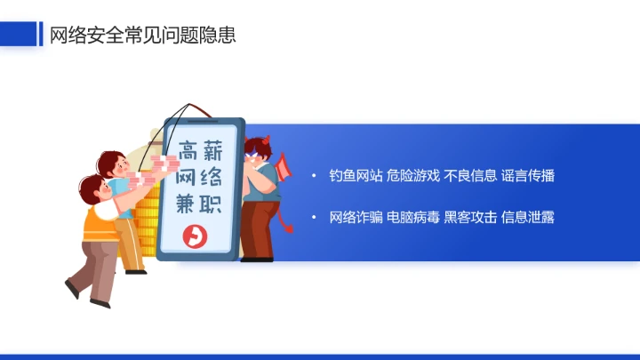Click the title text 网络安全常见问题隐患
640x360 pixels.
[x=142, y=35]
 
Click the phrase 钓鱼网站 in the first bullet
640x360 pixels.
[x=355, y=175]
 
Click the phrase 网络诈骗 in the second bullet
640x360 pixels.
[x=355, y=217]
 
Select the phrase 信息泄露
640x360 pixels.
[x=527, y=217]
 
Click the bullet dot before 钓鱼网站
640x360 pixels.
[x=313, y=175]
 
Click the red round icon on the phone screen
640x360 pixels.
[x=194, y=236]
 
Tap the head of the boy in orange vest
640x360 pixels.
[x=91, y=188]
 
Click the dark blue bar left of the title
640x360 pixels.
[x=40, y=34]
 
